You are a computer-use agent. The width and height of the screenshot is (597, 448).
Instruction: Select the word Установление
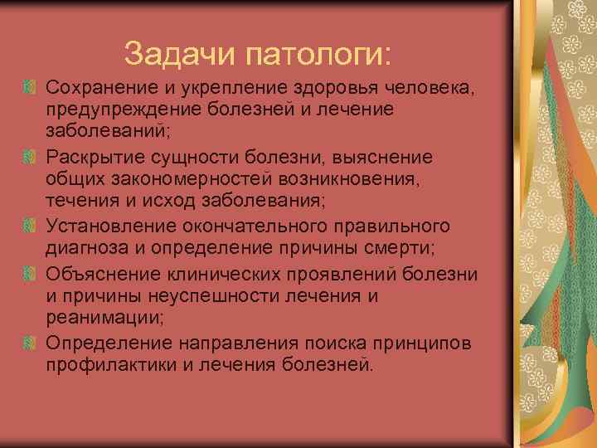click(105, 226)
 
